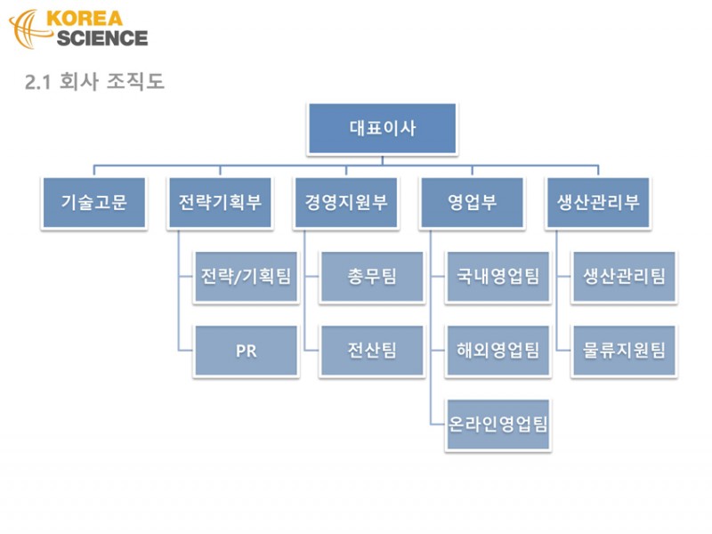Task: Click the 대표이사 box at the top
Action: click(x=383, y=128)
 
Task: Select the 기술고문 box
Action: click(x=94, y=203)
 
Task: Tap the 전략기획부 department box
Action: click(x=220, y=203)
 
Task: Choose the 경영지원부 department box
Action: click(x=346, y=203)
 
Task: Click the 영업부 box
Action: click(x=473, y=203)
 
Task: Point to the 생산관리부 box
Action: click(x=598, y=203)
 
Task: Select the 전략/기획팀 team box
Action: click(x=247, y=277)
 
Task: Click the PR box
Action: click(x=247, y=351)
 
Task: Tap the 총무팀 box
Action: click(x=372, y=277)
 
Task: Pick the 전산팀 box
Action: click(x=372, y=351)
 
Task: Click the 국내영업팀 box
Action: click(x=498, y=277)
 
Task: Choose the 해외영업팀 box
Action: click(x=498, y=351)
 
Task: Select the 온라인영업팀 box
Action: click(x=498, y=425)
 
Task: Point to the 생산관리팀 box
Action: click(x=625, y=277)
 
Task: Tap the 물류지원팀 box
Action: click(x=625, y=351)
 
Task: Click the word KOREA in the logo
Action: click(x=85, y=19)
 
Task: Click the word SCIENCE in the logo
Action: click(x=102, y=38)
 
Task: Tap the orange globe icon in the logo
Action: click(x=28, y=28)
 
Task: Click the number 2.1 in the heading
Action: click(x=37, y=82)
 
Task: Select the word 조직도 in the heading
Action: click(x=135, y=81)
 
